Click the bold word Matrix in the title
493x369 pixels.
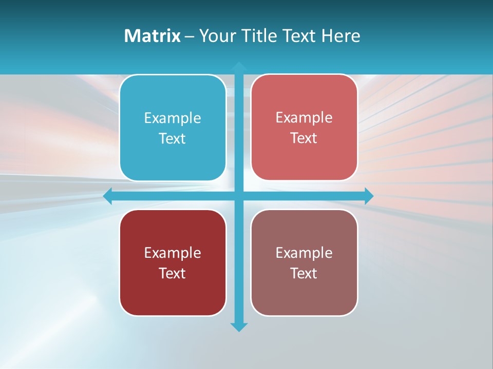(x=153, y=36)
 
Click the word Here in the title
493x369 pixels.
(x=340, y=36)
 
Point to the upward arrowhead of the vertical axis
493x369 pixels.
(x=239, y=66)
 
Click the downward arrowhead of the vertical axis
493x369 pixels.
(x=239, y=326)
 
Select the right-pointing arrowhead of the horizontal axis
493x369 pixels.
(x=369, y=196)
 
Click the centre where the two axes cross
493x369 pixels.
(x=239, y=196)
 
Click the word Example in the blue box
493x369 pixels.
(x=173, y=118)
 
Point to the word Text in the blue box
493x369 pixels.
(x=173, y=139)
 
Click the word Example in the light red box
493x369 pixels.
(x=304, y=118)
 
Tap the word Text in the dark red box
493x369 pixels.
(x=173, y=273)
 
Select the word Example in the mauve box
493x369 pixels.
(x=304, y=253)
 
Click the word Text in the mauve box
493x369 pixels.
(x=304, y=273)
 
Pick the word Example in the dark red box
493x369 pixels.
(x=173, y=253)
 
